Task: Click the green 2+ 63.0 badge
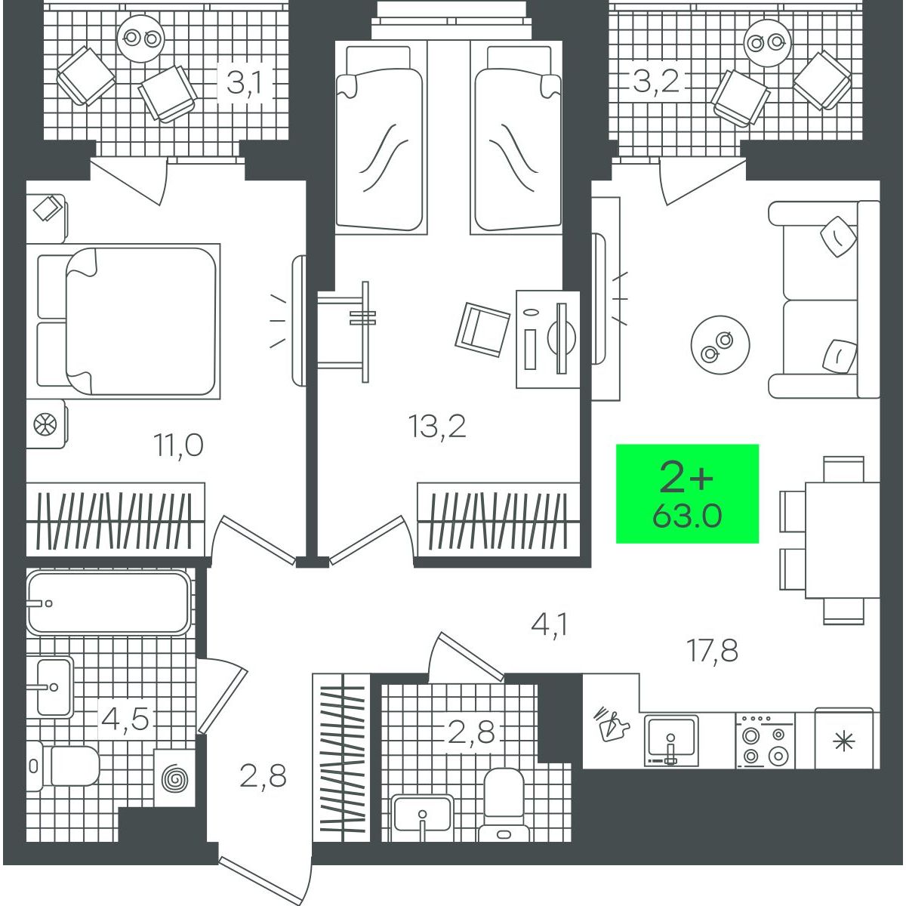[687, 493]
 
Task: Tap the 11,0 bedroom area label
[178, 445]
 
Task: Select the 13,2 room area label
[437, 427]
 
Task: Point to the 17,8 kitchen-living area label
[712, 650]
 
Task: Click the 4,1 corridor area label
[549, 625]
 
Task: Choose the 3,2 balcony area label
[656, 81]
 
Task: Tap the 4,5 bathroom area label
[125, 719]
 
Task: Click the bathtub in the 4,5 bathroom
[109, 602]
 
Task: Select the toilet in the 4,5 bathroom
[63, 766]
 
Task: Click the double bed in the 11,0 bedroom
[128, 321]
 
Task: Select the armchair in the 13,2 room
[482, 331]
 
